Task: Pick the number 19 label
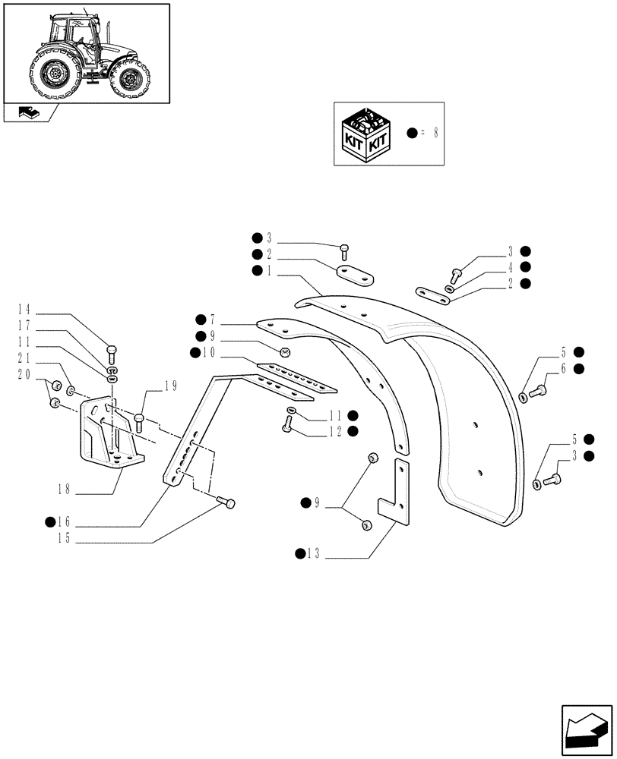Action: click(171, 386)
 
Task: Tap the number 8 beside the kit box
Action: click(435, 132)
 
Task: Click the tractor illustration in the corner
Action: click(86, 52)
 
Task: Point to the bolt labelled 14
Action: click(112, 351)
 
